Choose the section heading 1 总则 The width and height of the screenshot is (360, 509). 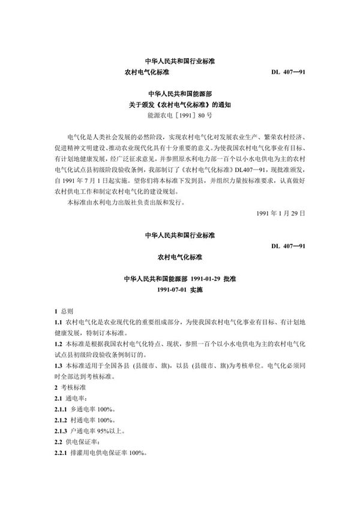63,312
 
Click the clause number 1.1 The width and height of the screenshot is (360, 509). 58,323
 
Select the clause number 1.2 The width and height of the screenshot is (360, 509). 58,345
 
